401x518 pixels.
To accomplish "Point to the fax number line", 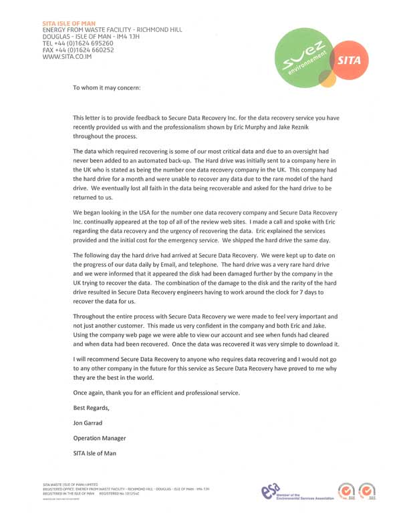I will point(78,50).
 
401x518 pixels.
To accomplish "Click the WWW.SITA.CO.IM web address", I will point(67,57).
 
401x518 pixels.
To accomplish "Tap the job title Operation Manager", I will point(99,438).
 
